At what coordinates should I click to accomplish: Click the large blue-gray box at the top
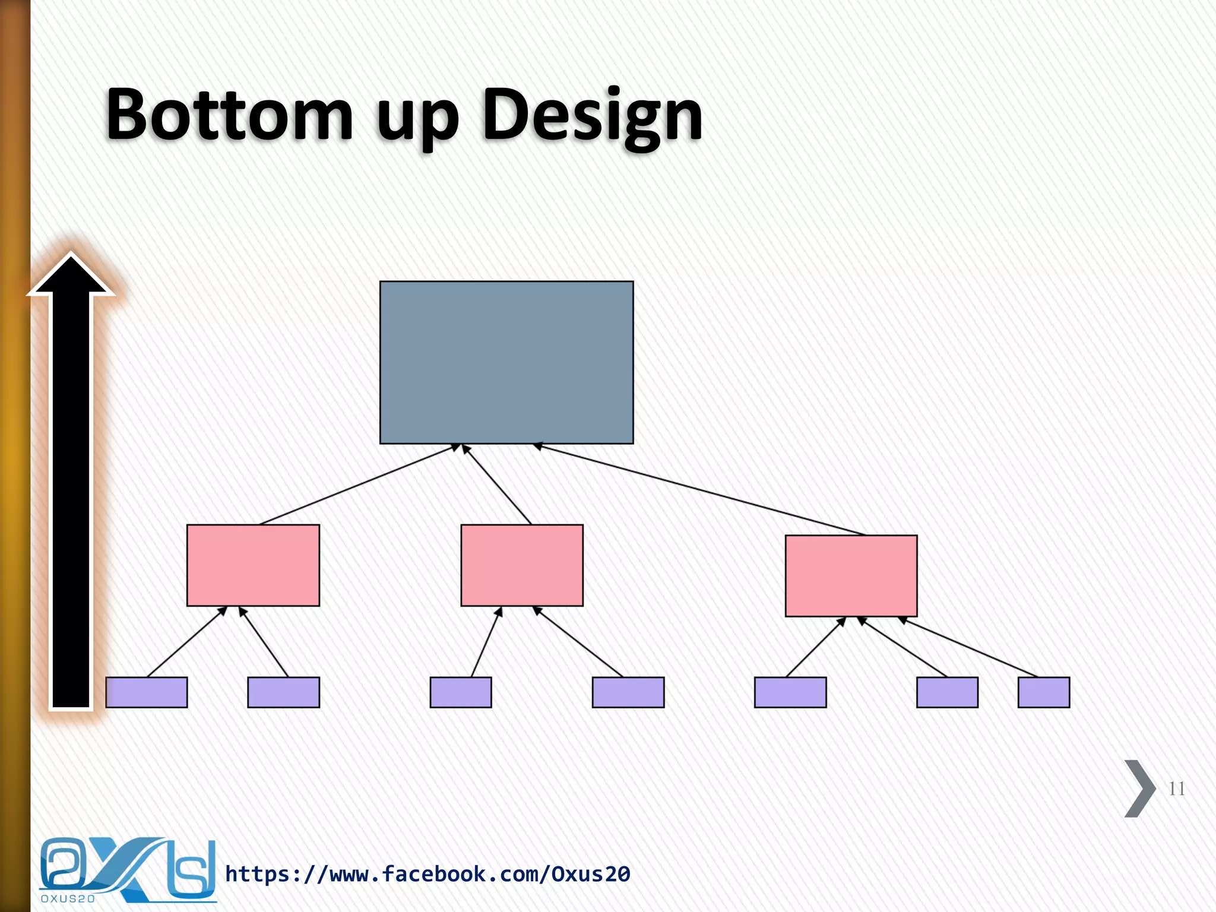pos(506,362)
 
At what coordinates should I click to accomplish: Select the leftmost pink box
pos(253,565)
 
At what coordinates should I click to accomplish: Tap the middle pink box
pos(522,565)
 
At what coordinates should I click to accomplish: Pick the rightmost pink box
pos(851,575)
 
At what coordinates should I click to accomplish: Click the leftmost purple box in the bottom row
pos(146,692)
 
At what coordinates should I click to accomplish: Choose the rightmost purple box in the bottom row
pos(1043,692)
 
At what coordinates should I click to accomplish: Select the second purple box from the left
pos(283,692)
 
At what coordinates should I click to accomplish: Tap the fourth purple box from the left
pos(628,692)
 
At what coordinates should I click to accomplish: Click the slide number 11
pos(1176,788)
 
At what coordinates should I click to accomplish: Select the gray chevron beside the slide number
pos(1139,788)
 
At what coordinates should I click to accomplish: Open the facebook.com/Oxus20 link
pos(427,874)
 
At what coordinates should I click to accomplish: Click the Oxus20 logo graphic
pos(127,870)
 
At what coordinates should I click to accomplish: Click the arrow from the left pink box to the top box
pos(359,484)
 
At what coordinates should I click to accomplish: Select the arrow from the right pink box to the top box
pos(701,489)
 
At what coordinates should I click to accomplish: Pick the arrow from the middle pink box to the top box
pos(497,484)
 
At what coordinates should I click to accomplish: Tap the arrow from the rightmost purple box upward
pos(969,647)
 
